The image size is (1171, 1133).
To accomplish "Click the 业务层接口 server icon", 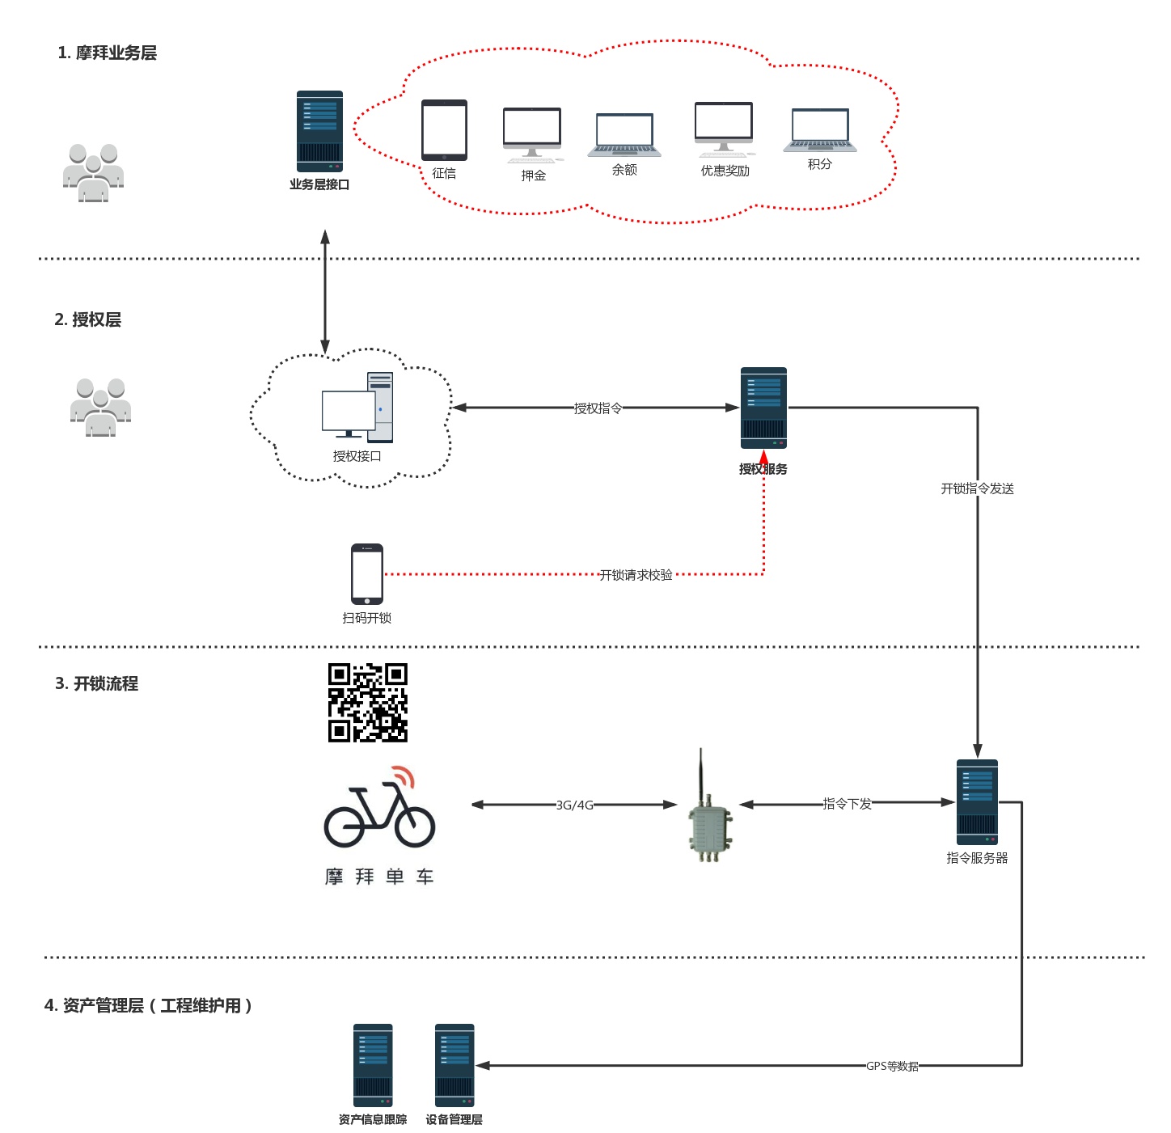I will [x=319, y=131].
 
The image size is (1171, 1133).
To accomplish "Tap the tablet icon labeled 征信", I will [x=444, y=130].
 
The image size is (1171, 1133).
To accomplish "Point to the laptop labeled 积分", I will [x=820, y=130].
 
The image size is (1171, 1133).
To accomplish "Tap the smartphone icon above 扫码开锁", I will [x=367, y=574].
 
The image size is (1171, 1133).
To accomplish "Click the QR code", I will [x=368, y=703].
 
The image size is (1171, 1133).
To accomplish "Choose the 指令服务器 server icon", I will [x=977, y=802].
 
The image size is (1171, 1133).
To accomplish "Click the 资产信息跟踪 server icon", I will [x=373, y=1065].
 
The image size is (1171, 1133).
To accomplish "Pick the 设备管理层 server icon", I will [x=454, y=1065].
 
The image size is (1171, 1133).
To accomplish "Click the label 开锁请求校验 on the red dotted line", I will [x=636, y=575].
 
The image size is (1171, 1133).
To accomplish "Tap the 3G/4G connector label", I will [x=574, y=805].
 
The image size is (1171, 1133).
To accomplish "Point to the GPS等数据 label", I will [x=892, y=1067].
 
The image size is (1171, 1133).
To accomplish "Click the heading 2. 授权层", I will [x=88, y=319].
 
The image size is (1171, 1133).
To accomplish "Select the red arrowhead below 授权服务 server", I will [x=763, y=459].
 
